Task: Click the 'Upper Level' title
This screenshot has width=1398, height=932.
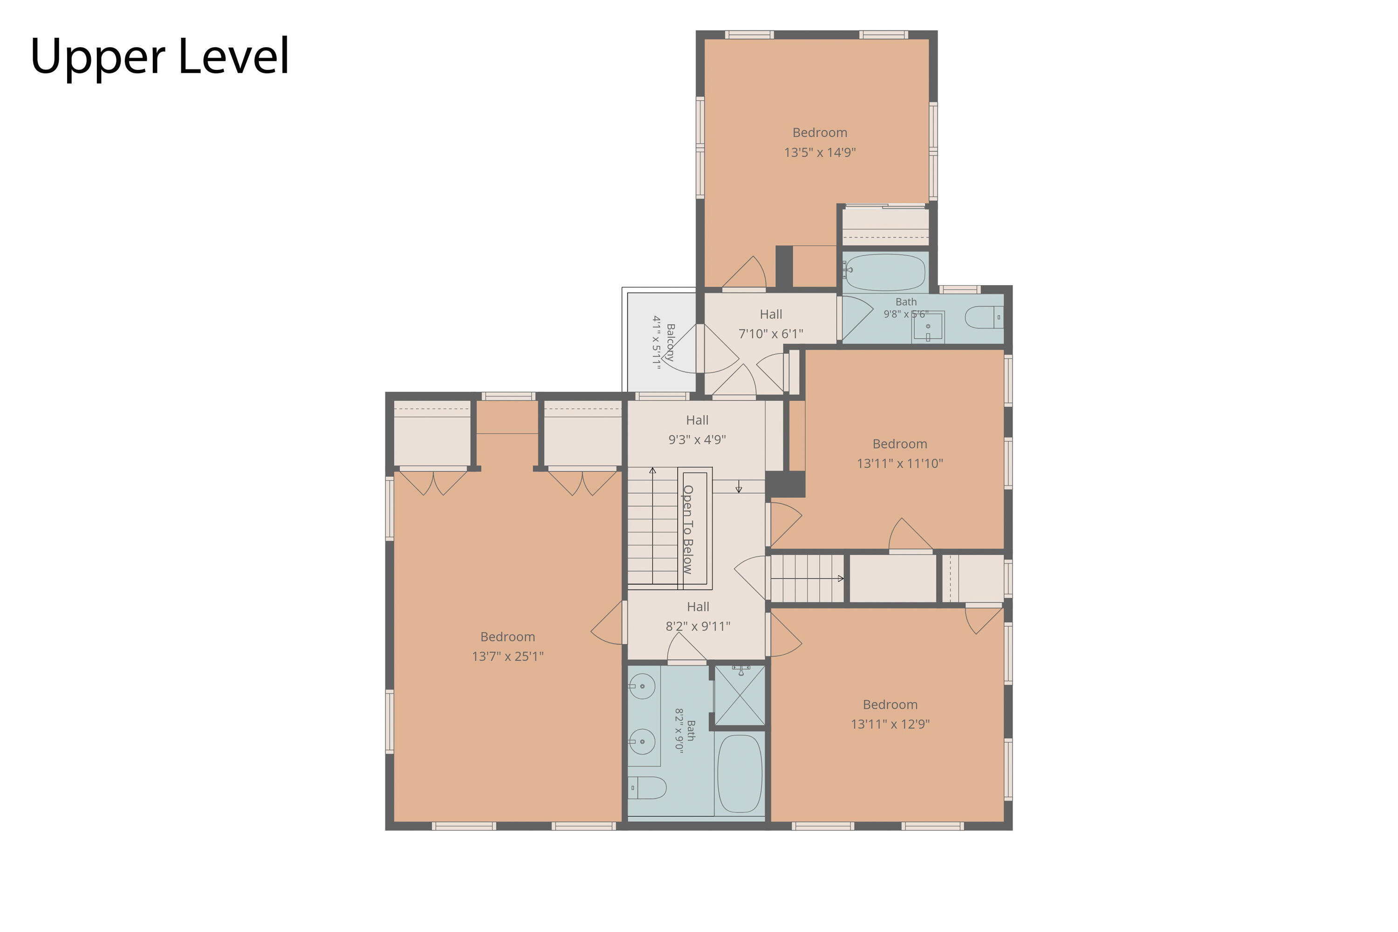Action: tap(160, 57)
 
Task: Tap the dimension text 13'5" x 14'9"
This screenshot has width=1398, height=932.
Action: tap(820, 152)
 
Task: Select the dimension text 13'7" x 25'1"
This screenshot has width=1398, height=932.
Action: tap(507, 656)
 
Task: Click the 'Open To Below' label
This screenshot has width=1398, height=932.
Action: tap(688, 529)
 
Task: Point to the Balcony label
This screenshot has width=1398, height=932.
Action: tap(671, 343)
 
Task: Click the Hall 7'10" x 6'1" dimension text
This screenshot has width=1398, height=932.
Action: tap(771, 334)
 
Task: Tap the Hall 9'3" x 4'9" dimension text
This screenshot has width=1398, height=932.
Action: tap(697, 440)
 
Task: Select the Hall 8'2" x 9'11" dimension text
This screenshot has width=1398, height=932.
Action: tap(698, 626)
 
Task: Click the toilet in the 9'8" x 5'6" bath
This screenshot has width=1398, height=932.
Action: tap(984, 317)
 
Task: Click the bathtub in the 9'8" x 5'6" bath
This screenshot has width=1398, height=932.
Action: tap(885, 272)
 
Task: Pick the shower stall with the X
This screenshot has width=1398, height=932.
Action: tap(740, 695)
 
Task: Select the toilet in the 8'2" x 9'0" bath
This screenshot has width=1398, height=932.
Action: tap(647, 788)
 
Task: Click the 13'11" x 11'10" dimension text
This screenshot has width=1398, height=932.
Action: tap(900, 464)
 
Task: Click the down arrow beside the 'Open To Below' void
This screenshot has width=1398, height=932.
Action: tap(739, 486)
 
